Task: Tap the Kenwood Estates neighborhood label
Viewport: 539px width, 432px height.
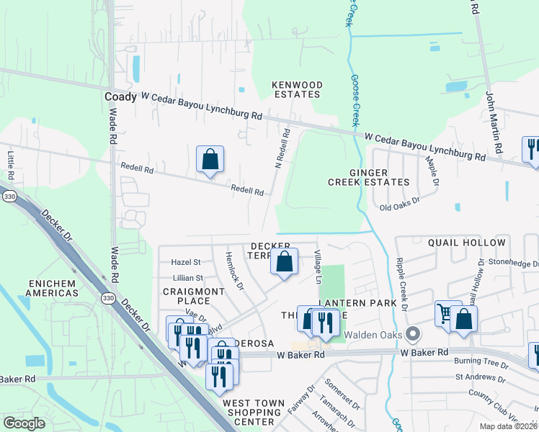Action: point(296,89)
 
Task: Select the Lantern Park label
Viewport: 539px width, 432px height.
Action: point(357,303)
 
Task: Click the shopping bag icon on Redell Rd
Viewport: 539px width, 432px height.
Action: point(210,161)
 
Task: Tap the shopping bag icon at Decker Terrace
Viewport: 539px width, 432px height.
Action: point(285,263)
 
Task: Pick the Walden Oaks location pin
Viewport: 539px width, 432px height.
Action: point(412,334)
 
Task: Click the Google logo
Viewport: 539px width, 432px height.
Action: point(24,423)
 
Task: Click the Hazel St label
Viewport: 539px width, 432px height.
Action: point(186,263)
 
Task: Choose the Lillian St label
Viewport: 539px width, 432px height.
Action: point(188,277)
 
